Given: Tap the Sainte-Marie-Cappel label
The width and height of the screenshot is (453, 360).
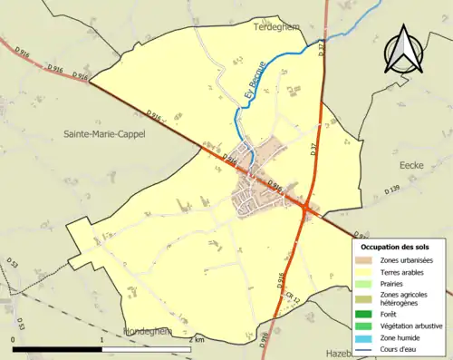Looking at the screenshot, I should click(x=108, y=133).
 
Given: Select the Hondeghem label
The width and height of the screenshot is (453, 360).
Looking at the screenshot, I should click(x=147, y=332).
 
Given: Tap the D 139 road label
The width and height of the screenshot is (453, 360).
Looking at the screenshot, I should click(x=390, y=189).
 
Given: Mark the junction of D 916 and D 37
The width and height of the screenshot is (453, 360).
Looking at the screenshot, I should click(x=308, y=209).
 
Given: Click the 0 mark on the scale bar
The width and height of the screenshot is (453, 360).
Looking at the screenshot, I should click(x=13, y=339).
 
